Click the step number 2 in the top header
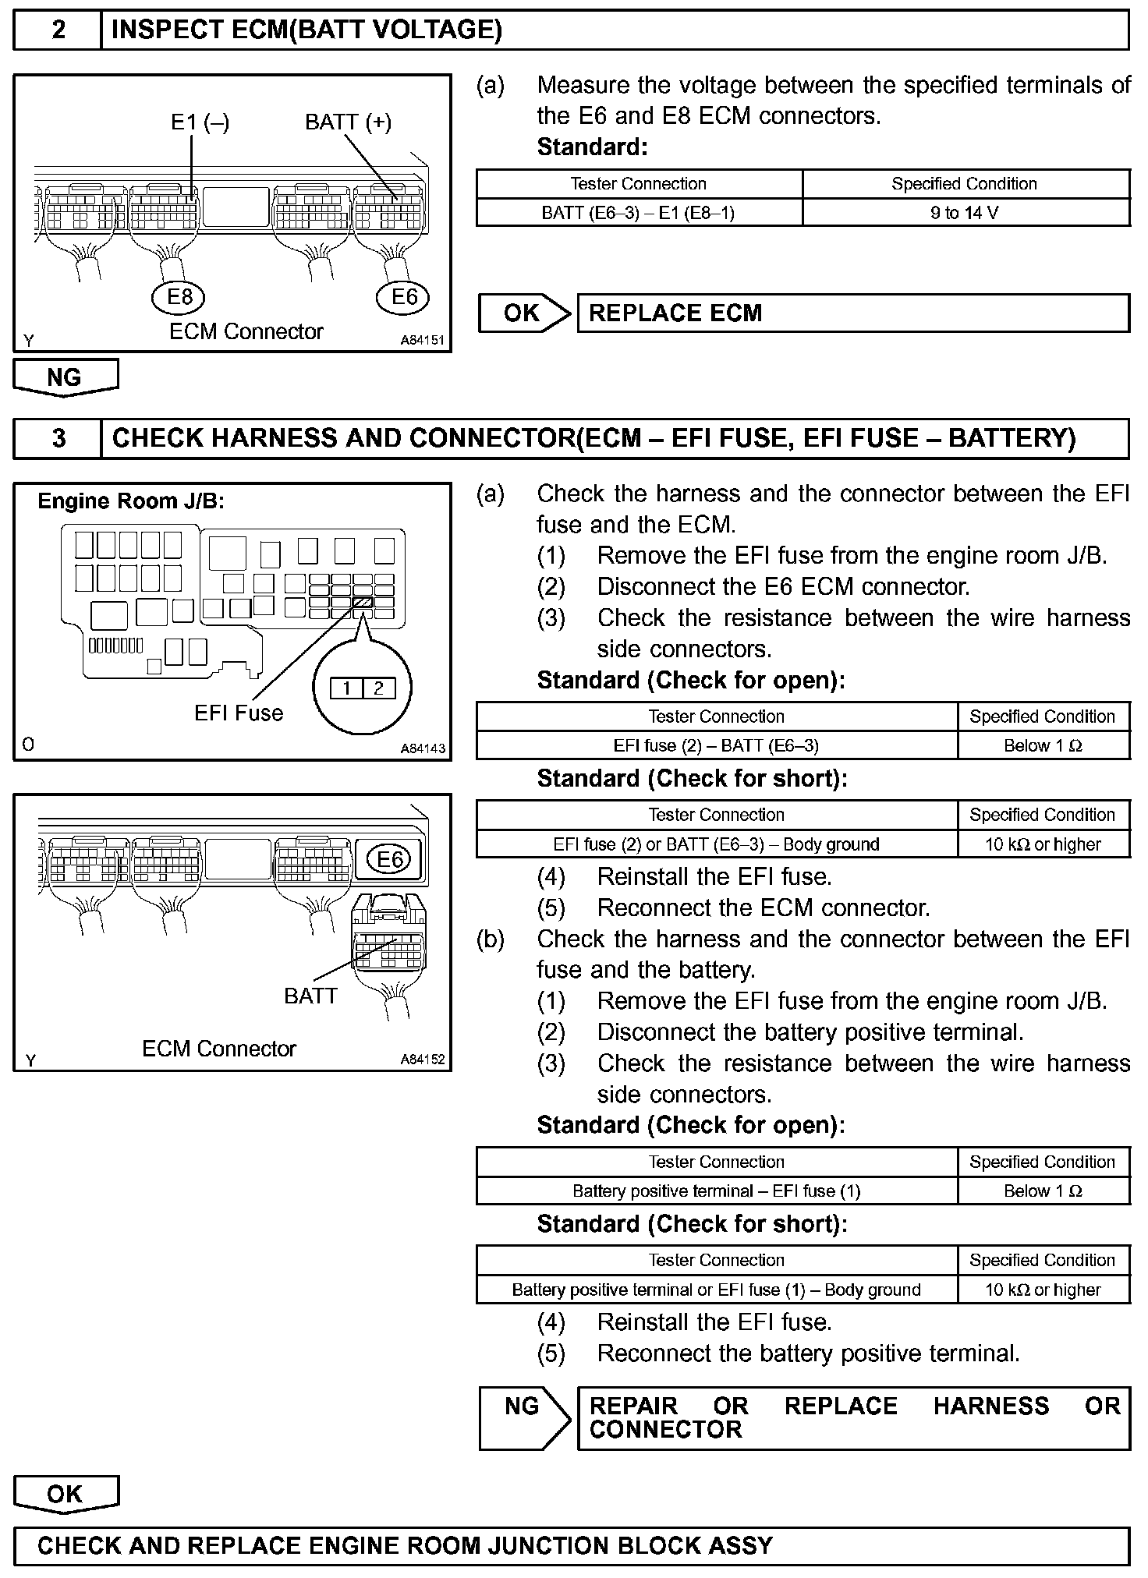pos(58,30)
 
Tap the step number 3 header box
pos(58,439)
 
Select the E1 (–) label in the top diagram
pos(200,122)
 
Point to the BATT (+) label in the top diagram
pos(348,122)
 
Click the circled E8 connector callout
pos(179,297)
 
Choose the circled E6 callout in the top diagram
pos(404,297)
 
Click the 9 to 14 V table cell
pos(965,213)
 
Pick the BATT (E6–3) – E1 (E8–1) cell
pos(638,213)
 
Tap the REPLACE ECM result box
pos(852,313)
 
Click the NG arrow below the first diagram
pos(65,377)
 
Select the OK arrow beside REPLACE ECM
pos(523,313)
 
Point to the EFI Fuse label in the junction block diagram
pos(239,713)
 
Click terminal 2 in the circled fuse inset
pos(379,688)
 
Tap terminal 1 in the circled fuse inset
pos(347,688)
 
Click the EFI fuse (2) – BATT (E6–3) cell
pos(716,746)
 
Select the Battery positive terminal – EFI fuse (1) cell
pos(716,1191)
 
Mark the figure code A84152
pos(422,1060)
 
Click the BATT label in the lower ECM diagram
pos(310,996)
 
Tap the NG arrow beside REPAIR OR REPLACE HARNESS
pos(523,1417)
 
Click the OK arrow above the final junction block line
pos(65,1494)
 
